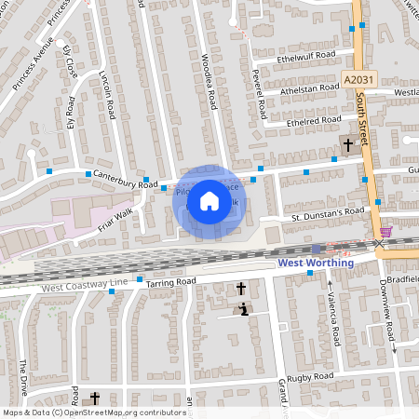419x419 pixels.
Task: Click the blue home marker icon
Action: (209, 200)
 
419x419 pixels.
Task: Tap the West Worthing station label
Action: (317, 263)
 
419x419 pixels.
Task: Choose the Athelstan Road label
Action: (310, 88)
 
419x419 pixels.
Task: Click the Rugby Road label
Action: (311, 375)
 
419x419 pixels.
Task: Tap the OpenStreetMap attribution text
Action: (93, 412)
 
